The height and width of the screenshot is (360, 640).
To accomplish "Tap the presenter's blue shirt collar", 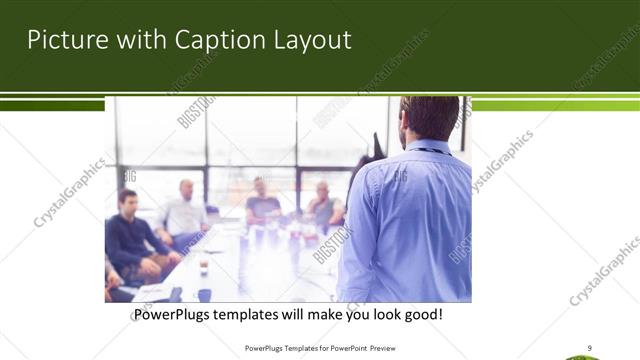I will pyautogui.click(x=429, y=147).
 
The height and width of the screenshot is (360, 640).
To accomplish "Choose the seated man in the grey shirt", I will pyautogui.click(x=324, y=205).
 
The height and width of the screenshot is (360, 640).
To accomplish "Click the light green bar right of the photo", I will pyautogui.click(x=554, y=104).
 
